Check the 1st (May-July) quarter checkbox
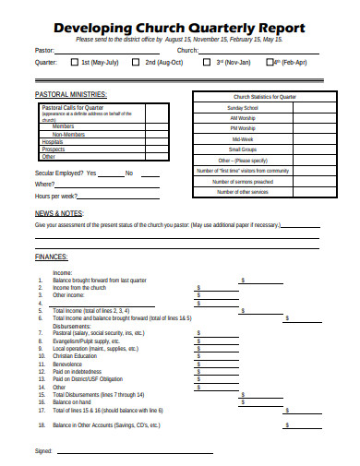(74, 63)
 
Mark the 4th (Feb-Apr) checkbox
(270, 63)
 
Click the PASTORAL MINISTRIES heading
(70, 94)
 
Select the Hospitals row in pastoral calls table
(53, 141)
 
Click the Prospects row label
(53, 149)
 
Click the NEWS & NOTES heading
(60, 213)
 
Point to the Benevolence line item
(70, 364)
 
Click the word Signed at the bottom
(43, 452)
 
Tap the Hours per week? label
(56, 197)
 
